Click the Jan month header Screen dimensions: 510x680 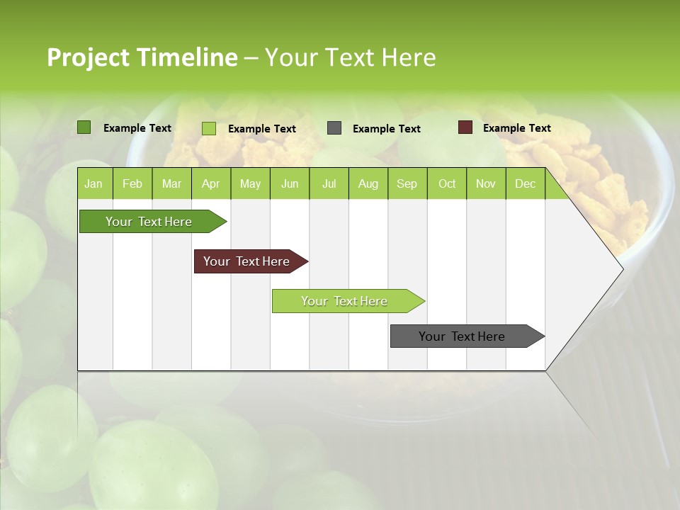(93, 183)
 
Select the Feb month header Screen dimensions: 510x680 (132, 183)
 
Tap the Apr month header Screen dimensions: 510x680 (210, 183)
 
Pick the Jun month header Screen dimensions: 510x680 (289, 183)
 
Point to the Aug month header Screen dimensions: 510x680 (368, 183)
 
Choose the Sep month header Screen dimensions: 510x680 (407, 183)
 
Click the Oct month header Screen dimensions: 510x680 (446, 183)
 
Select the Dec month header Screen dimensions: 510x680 (525, 183)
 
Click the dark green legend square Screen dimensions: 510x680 (84, 127)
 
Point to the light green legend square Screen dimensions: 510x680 (209, 128)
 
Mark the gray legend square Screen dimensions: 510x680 (334, 128)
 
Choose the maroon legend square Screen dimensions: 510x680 (465, 127)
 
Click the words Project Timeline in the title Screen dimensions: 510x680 (142, 57)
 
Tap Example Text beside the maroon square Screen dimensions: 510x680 (516, 128)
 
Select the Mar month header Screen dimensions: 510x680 (171, 183)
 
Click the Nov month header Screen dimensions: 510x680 (485, 183)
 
